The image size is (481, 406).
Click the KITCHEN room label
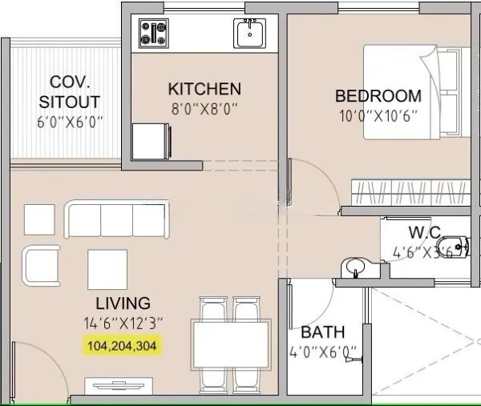coord(204,88)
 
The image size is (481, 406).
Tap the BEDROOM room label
coord(378,96)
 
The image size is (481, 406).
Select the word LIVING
coord(123,303)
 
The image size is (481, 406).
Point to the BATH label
coord(323,332)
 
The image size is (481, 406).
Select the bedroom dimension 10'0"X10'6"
coord(378,116)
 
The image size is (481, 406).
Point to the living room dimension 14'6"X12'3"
coord(123,324)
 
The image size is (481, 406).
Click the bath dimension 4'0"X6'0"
coord(324,352)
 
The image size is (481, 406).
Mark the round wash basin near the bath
coord(353,267)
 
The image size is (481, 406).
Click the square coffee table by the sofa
coord(107,269)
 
